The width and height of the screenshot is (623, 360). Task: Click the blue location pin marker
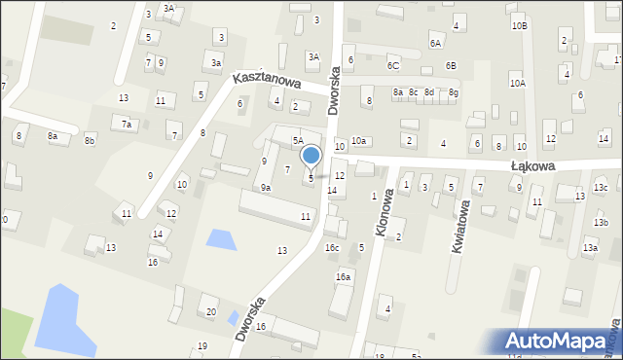coord(311,156)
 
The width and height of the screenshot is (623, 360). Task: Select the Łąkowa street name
coord(533,166)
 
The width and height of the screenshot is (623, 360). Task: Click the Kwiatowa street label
coord(459,228)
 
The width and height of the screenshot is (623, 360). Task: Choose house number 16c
coord(332,248)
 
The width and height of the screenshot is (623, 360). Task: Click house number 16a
coord(343,277)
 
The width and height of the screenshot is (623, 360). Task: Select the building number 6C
coord(393,66)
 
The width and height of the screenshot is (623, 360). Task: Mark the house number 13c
coord(601,188)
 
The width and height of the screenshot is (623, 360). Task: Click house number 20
coord(211,311)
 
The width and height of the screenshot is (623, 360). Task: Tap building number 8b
coord(90,141)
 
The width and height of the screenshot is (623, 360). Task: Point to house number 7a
coord(126,125)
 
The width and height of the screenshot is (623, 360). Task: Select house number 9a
coord(266,187)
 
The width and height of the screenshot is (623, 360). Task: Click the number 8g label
coord(453,92)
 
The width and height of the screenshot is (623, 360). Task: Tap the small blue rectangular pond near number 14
coord(221,238)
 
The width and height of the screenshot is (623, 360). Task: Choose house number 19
coord(202,346)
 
